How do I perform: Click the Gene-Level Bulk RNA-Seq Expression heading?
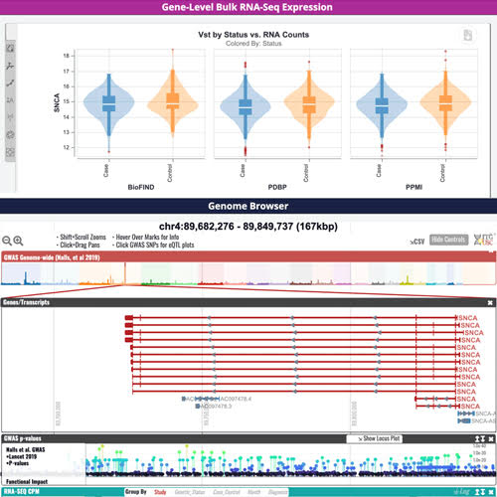pos(248,8)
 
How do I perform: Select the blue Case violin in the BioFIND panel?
pos(108,102)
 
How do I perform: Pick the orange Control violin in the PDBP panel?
pos(309,103)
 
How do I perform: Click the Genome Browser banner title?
pos(248,207)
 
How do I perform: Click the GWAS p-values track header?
pos(26,437)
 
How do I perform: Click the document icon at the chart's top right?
pos(468,36)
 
